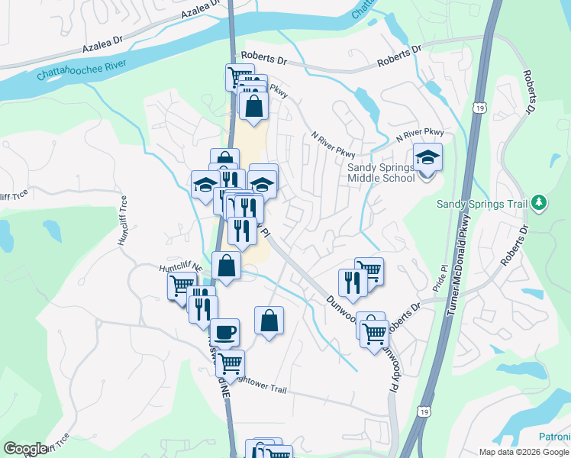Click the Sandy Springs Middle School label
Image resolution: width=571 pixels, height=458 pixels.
coord(381,173)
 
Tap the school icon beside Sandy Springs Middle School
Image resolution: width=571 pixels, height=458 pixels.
coord(428,158)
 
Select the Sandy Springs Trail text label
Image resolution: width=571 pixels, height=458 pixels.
coord(482,204)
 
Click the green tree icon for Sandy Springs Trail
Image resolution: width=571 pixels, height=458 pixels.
coord(540,202)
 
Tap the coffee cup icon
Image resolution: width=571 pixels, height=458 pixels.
coord(224,332)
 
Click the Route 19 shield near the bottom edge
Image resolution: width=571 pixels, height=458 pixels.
coord(423,411)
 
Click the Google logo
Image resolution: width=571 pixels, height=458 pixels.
coord(24,449)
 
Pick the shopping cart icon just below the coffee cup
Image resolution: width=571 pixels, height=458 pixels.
coord(230,363)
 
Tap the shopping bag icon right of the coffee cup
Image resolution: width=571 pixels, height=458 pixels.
coord(269,321)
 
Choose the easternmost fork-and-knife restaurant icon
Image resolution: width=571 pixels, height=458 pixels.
coord(353,282)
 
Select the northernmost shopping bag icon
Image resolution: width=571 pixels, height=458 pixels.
coord(254,105)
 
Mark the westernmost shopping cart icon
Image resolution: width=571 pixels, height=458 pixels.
coord(182,286)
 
